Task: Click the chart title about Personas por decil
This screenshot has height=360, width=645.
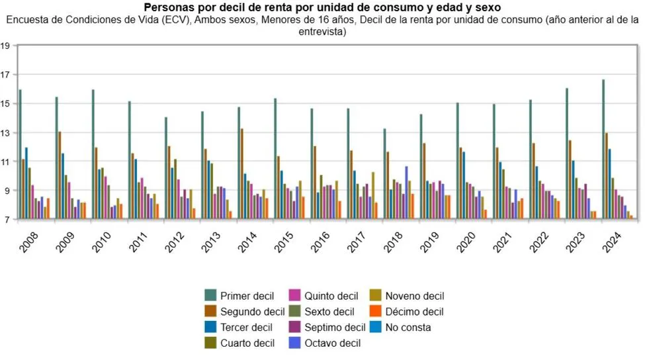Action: point(322,7)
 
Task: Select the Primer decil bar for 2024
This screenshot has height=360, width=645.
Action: point(603,149)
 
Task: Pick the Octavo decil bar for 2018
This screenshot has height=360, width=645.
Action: point(406,193)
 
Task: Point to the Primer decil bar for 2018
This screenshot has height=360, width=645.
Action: point(384,173)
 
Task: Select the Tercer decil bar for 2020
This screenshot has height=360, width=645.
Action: point(464,185)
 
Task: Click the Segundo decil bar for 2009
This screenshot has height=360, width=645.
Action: point(60,175)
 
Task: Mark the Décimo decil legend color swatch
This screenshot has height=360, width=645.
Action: point(375,312)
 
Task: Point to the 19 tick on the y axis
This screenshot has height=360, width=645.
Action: point(5,46)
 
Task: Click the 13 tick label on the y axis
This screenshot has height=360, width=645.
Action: point(5,132)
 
